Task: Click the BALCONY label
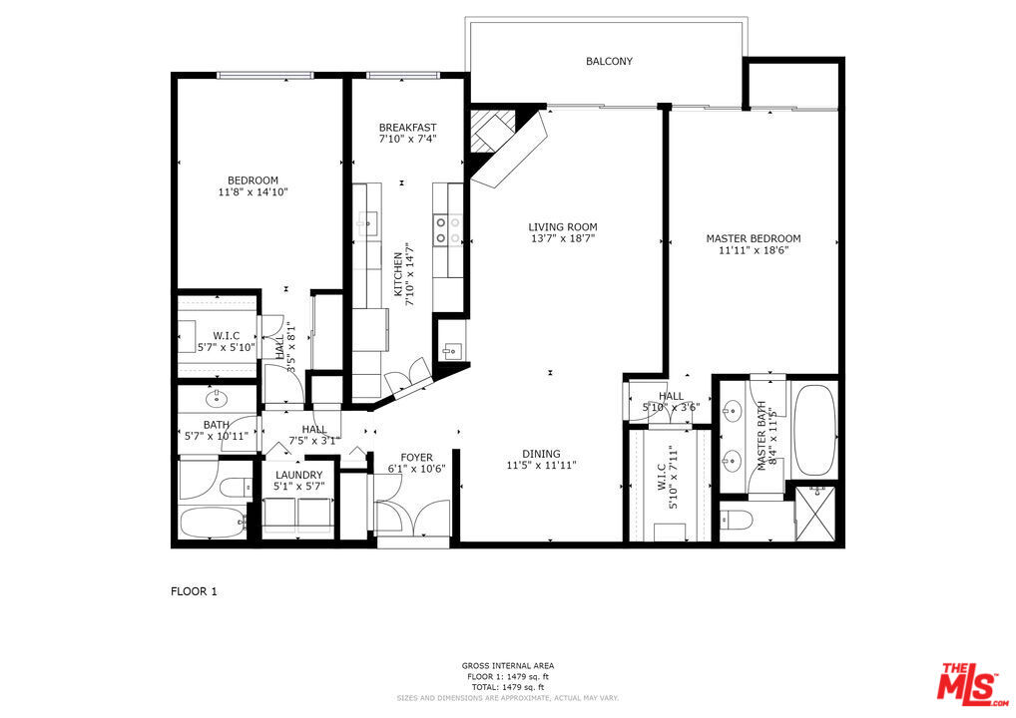(609, 62)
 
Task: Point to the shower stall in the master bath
(814, 512)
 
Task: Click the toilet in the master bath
(740, 521)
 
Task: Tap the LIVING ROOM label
(563, 227)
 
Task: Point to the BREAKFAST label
(407, 128)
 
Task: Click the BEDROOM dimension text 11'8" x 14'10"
(253, 192)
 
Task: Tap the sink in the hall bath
(216, 399)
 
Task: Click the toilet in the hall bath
(237, 488)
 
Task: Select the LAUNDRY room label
(299, 475)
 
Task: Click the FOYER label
(416, 458)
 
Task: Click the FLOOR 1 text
(194, 591)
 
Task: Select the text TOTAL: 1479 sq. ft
(508, 687)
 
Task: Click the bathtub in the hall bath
(213, 522)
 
